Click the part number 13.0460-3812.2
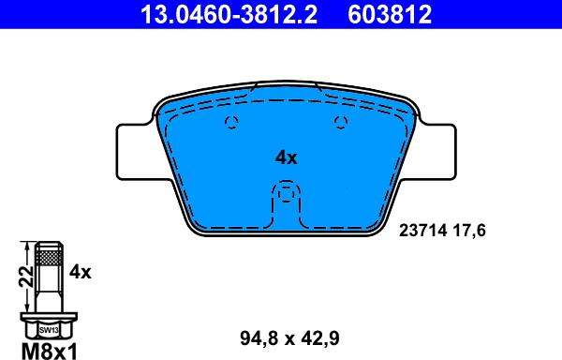pyautogui.click(x=229, y=14)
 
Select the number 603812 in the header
pyautogui.click(x=390, y=14)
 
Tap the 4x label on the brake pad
pyautogui.click(x=286, y=157)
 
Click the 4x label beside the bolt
pyautogui.click(x=81, y=272)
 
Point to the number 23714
pyautogui.click(x=423, y=231)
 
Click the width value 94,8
pyautogui.click(x=259, y=338)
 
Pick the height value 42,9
pyautogui.click(x=320, y=338)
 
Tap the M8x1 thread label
pyautogui.click(x=50, y=351)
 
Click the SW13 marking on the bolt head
pyautogui.click(x=49, y=330)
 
